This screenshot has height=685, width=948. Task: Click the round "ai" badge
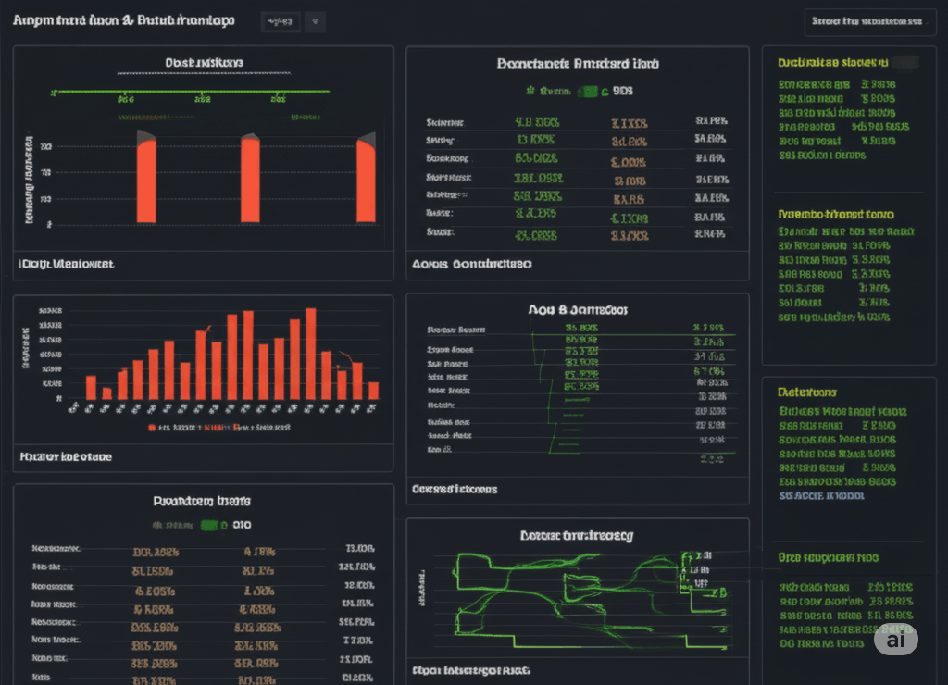895,639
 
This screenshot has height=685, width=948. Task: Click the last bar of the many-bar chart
373,391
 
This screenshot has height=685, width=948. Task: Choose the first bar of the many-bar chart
91,387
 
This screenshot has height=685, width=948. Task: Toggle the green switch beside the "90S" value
587,92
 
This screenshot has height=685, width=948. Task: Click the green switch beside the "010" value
213,525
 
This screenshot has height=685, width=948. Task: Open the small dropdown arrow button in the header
315,21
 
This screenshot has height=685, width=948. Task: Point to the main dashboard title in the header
124,20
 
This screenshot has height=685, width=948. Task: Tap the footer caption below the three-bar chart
66,264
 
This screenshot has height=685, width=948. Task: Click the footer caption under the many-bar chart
66,456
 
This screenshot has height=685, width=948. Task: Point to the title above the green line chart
577,535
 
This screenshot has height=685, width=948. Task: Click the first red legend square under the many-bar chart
151,428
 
